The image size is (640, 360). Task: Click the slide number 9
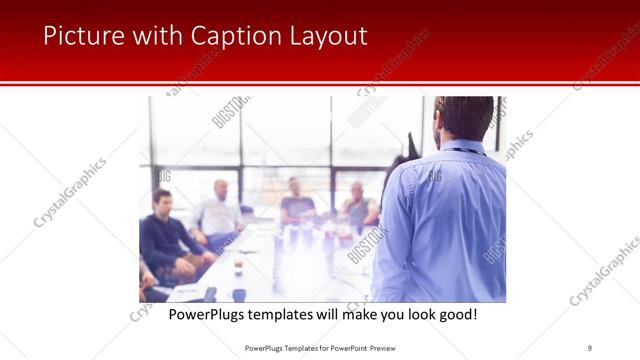590,347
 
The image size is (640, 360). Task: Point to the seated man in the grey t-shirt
297,205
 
